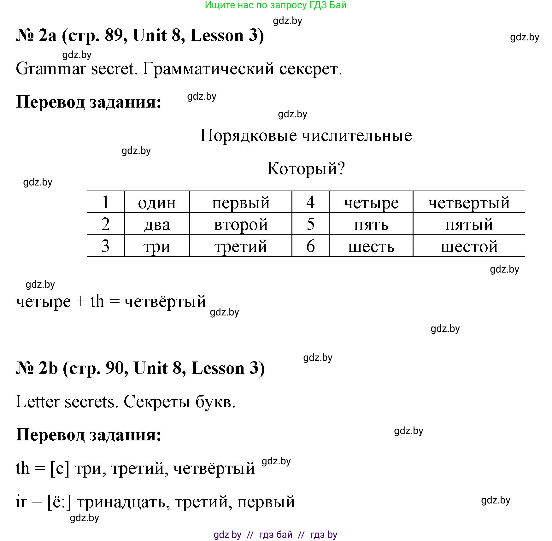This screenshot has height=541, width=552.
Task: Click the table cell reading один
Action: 157,203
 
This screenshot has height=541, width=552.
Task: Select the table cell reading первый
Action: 241,203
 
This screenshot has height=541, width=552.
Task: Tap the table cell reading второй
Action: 241,225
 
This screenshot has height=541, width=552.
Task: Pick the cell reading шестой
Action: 469,246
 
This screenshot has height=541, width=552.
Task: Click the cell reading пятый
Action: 469,225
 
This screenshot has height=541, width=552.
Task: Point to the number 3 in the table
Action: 105,246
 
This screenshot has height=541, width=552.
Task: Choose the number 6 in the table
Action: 310,246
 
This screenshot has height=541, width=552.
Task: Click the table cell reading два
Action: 157,225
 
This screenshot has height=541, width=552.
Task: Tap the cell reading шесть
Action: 371,246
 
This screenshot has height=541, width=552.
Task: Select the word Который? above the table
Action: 306,168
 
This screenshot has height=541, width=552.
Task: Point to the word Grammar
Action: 50,69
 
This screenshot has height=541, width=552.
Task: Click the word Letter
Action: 38,402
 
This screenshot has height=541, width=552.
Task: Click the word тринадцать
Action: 121,502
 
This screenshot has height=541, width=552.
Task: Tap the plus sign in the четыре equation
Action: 80,302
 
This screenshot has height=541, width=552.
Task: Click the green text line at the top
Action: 275,5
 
